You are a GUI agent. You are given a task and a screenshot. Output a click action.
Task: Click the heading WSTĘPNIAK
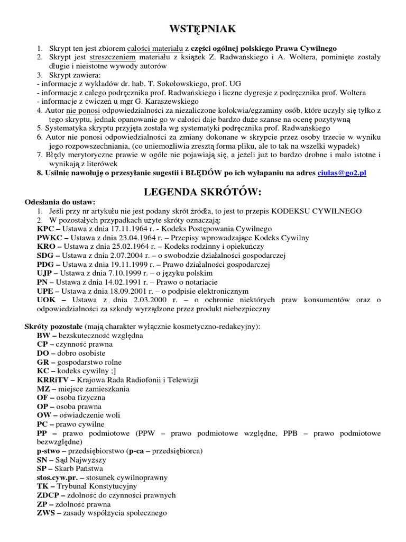pos(203,28)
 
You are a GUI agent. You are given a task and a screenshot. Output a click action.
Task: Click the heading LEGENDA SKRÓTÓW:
pos(203,190)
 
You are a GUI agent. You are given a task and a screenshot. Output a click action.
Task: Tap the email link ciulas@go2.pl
pos(342,173)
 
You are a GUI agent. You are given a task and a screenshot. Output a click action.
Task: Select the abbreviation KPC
pos(46,229)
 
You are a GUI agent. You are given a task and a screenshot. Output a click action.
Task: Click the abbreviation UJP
pos(45,274)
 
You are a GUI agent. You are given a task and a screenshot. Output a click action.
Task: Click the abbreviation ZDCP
pos(49,495)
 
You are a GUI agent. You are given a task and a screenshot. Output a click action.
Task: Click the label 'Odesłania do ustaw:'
pos(60,202)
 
